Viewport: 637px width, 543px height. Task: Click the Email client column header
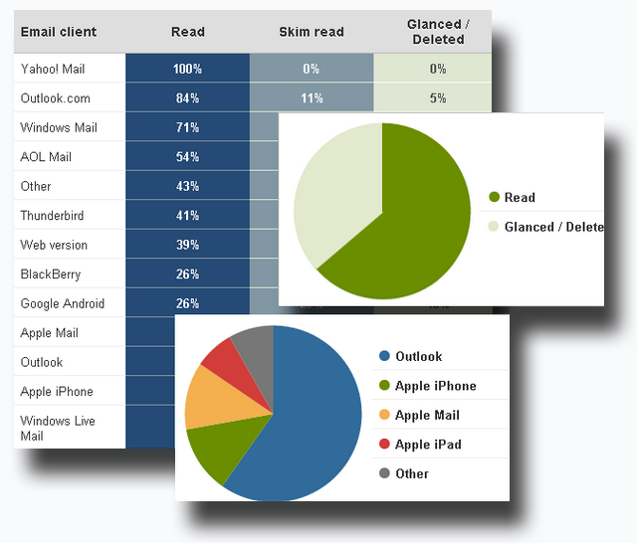59,32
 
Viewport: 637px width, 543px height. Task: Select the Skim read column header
312,32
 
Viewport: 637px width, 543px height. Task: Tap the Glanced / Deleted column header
434,32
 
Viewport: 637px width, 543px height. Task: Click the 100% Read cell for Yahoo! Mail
187,69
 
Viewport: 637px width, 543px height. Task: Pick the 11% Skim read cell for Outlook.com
312,98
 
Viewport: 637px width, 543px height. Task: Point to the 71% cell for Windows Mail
187,127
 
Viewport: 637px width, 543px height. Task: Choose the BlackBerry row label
51,273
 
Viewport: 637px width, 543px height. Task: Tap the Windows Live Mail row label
58,428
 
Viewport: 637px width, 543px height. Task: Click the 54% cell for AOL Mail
187,157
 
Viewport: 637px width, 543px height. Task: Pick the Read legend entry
519,197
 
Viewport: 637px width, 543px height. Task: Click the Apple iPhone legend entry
435,386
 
